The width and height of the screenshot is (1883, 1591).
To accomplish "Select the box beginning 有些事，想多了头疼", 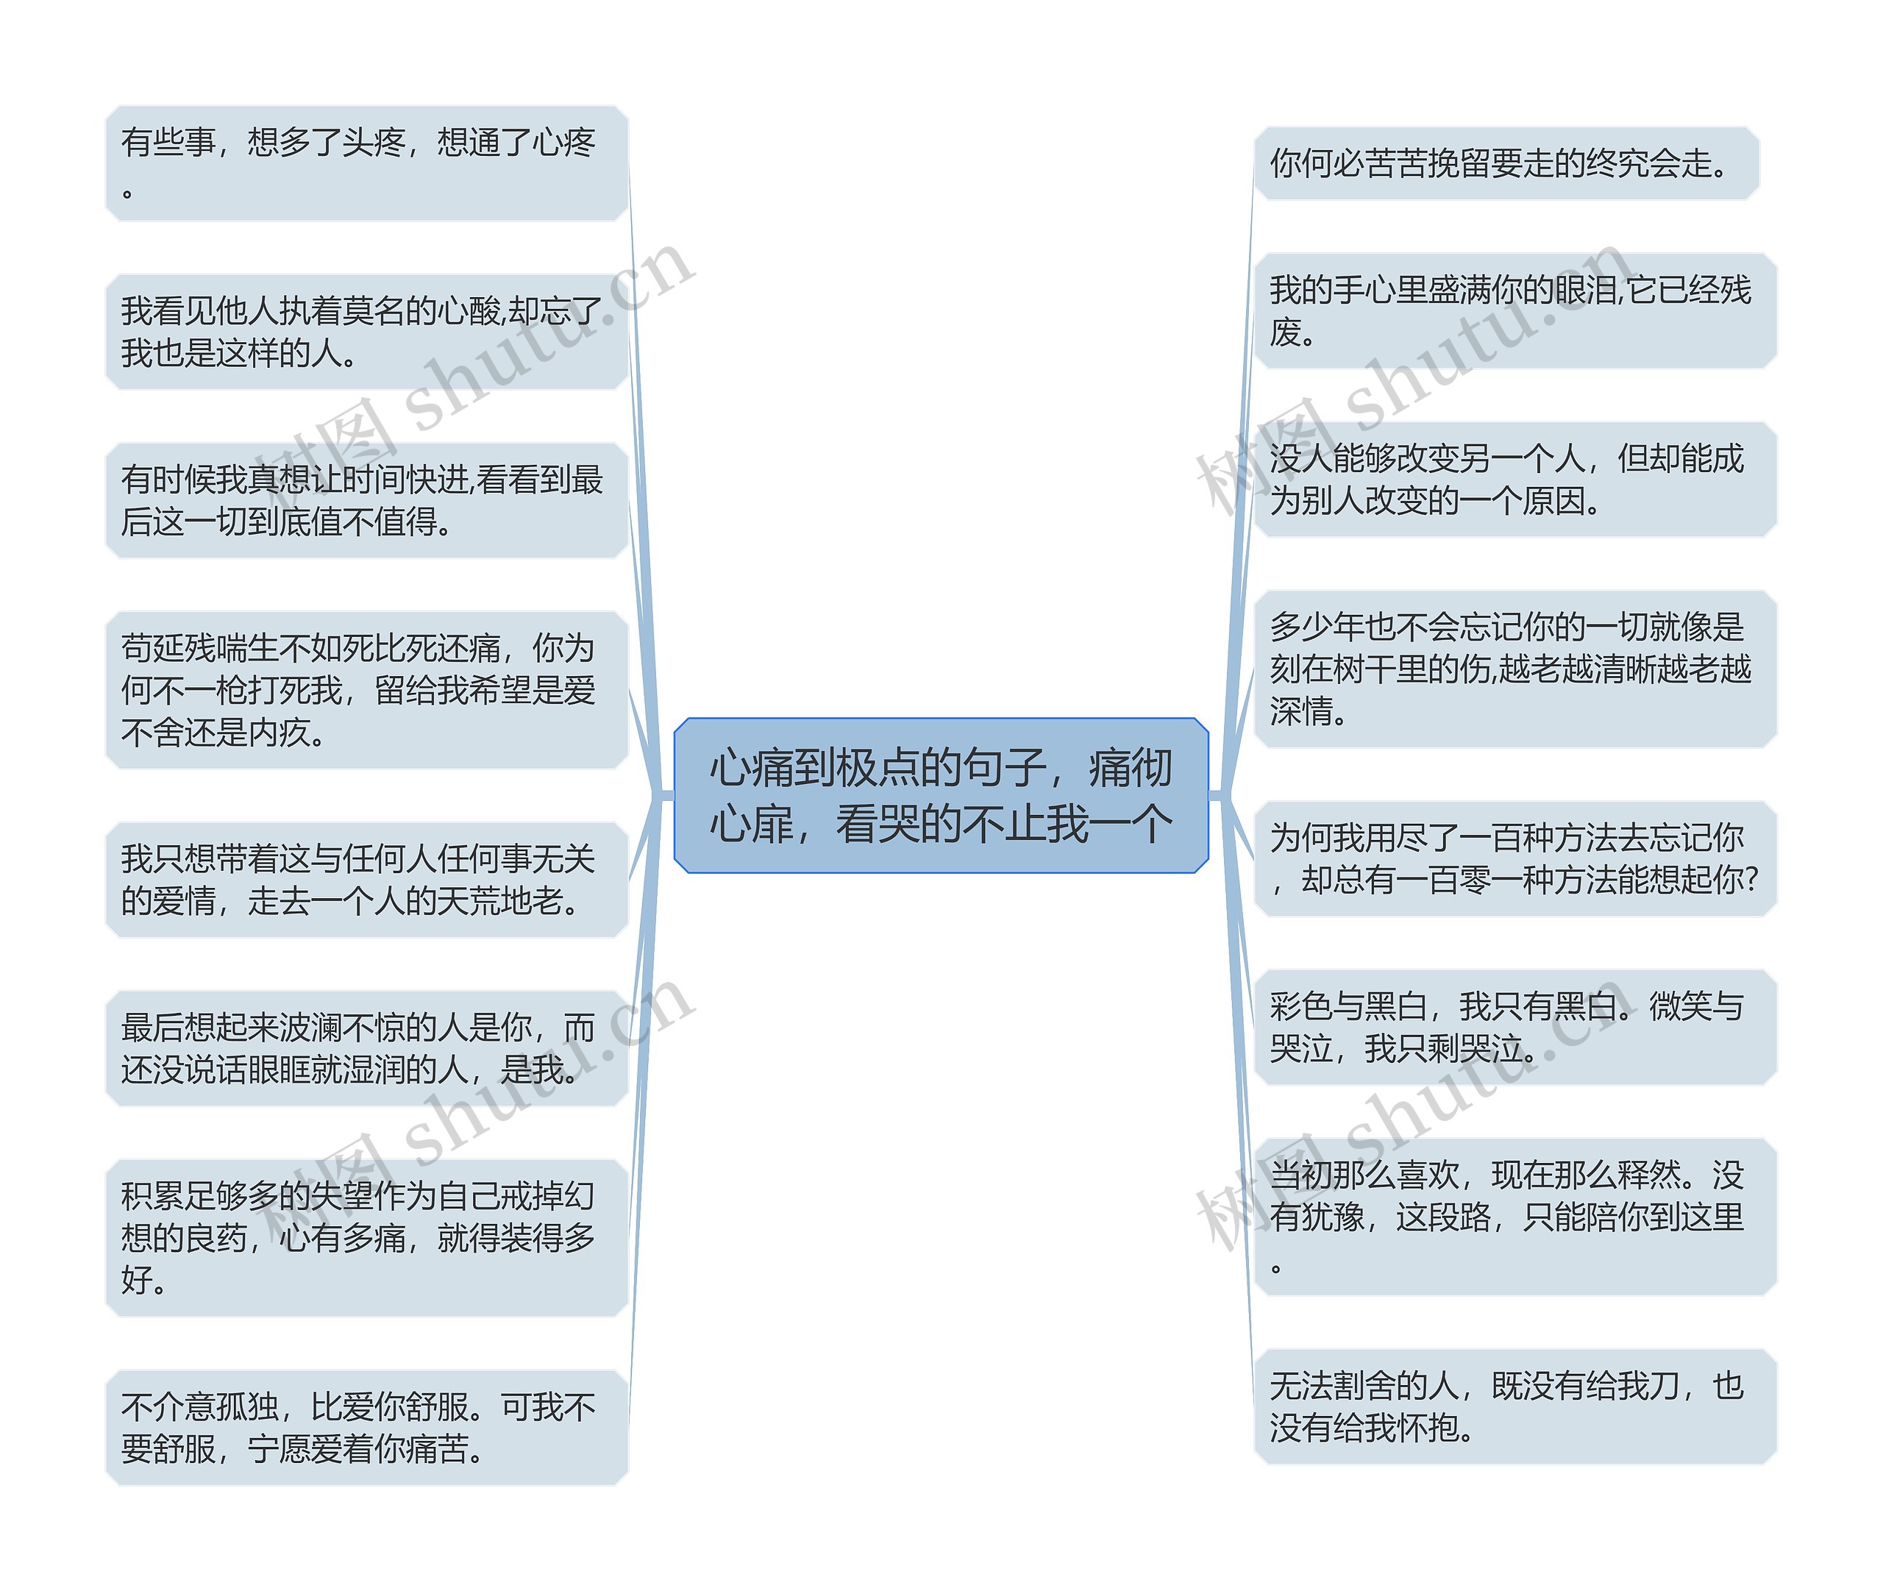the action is pyautogui.click(x=366, y=163).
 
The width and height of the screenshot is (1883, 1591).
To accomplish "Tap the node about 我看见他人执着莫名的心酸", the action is pyautogui.click(x=366, y=332).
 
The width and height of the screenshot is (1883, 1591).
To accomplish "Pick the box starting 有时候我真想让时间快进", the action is pyautogui.click(x=366, y=501).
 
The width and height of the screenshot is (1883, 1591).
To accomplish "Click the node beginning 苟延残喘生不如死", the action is pyautogui.click(x=366, y=690).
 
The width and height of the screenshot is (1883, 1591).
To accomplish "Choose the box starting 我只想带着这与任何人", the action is pyautogui.click(x=366, y=880).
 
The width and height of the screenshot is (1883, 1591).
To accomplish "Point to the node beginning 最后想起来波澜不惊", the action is pyautogui.click(x=366, y=1048).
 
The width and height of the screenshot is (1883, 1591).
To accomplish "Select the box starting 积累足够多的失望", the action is pyautogui.click(x=366, y=1237).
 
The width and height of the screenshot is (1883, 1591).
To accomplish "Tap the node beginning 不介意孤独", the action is pyautogui.click(x=366, y=1427).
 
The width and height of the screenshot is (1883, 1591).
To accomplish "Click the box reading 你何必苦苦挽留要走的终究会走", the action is pyautogui.click(x=1506, y=163).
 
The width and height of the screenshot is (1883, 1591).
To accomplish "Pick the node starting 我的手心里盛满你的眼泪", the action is pyautogui.click(x=1515, y=311).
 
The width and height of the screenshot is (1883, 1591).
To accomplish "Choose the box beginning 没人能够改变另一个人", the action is pyautogui.click(x=1515, y=480).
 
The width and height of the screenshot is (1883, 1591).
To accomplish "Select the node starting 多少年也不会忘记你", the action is pyautogui.click(x=1515, y=669).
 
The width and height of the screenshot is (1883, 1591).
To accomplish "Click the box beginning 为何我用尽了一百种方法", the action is pyautogui.click(x=1515, y=858).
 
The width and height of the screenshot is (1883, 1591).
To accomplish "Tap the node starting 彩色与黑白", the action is pyautogui.click(x=1515, y=1028).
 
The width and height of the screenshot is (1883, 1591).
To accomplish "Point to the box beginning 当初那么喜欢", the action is pyautogui.click(x=1515, y=1217).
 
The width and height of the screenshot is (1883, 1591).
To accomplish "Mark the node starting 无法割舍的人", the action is pyautogui.click(x=1515, y=1406).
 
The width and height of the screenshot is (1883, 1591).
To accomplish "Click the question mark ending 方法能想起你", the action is pyautogui.click(x=1751, y=880).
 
